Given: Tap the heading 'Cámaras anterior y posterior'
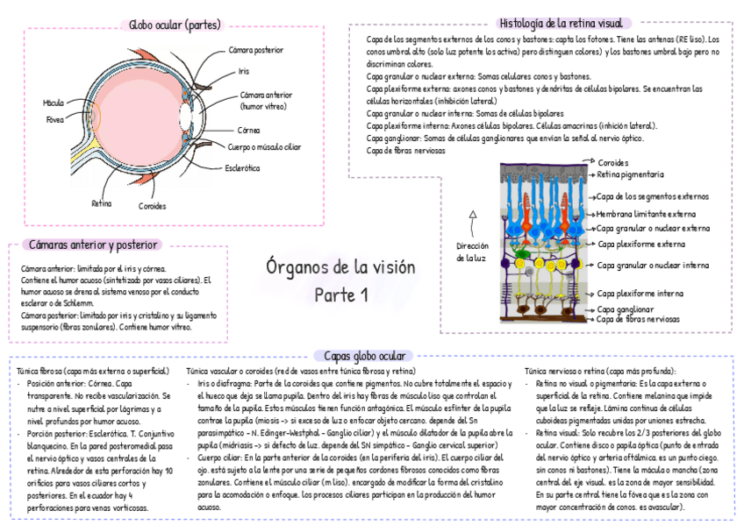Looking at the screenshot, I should click(x=92, y=245).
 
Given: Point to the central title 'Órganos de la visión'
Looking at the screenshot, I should click(x=340, y=267).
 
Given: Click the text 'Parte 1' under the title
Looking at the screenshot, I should click(x=341, y=295).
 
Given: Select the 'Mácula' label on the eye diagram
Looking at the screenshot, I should click(x=54, y=103).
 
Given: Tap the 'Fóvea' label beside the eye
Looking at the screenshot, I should click(x=55, y=118).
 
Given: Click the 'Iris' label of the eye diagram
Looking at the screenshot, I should click(x=244, y=70).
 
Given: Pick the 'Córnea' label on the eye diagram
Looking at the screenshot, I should click(x=248, y=130).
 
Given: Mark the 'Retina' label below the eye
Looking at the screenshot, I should click(x=102, y=203).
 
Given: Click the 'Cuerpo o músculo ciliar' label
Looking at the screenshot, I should click(x=264, y=147).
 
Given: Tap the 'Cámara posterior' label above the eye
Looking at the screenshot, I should click(x=256, y=50).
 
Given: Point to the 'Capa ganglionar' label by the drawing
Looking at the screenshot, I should click(x=626, y=309).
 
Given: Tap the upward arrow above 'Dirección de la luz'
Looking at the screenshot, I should click(x=473, y=213).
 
